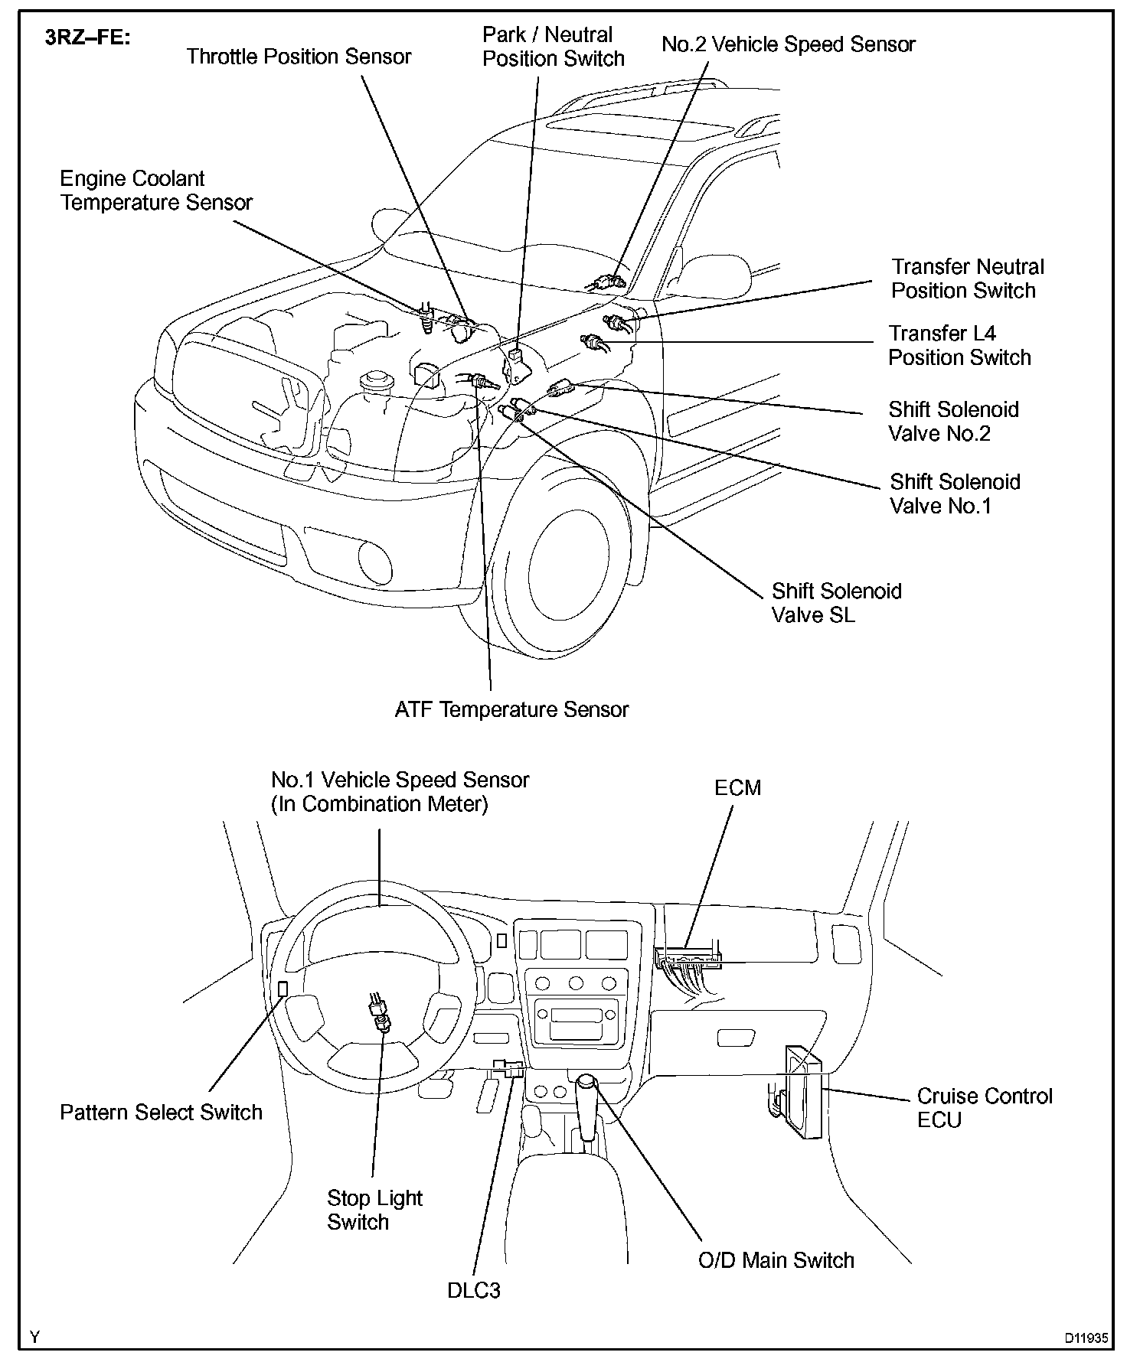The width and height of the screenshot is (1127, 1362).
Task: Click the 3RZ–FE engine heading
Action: click(x=88, y=37)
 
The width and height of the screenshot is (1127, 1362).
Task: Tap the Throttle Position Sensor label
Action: click(x=299, y=57)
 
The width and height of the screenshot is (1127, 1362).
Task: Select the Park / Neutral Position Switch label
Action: click(x=553, y=47)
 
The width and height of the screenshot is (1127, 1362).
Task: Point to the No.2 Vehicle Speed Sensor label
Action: click(x=789, y=44)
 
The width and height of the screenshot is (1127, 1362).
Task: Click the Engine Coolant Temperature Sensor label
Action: click(x=156, y=191)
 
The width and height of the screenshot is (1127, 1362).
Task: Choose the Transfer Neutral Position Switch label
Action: click(x=967, y=279)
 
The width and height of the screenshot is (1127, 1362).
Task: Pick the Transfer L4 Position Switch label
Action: click(x=959, y=345)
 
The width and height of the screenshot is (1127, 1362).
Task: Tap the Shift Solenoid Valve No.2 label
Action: click(x=953, y=422)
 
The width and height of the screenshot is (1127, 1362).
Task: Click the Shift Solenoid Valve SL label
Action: click(x=836, y=603)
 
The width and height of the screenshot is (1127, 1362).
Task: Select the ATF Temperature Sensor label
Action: click(x=511, y=710)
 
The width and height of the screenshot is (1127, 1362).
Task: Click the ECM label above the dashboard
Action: click(x=737, y=788)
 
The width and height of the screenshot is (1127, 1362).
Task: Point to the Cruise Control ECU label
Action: click(x=985, y=1108)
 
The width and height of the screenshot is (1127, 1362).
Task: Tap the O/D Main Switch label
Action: click(x=776, y=1261)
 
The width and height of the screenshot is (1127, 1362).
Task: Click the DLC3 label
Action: click(x=474, y=1292)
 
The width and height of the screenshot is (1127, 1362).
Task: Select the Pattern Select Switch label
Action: click(x=161, y=1113)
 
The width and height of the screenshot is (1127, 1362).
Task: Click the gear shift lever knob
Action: click(x=586, y=1083)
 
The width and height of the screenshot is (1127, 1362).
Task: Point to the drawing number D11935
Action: click(x=1085, y=1338)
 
